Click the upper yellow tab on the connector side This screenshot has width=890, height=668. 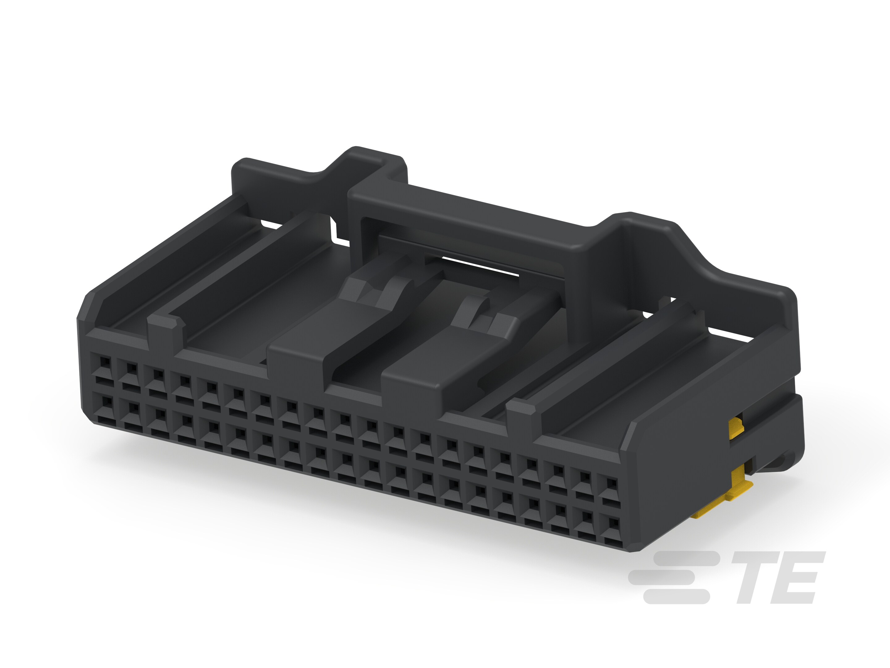736,428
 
